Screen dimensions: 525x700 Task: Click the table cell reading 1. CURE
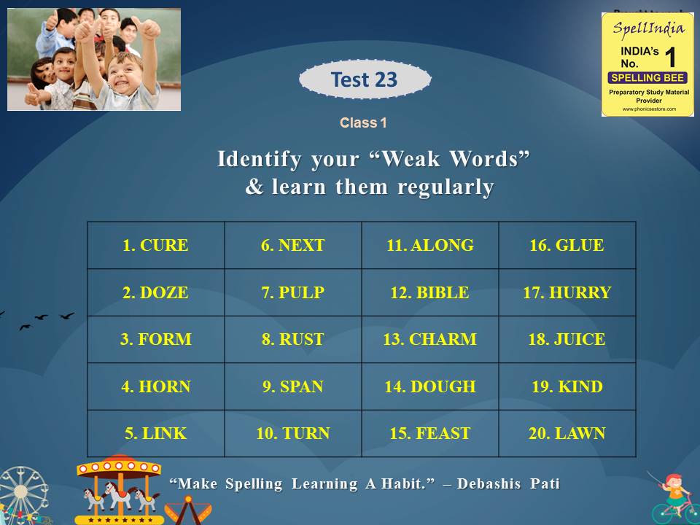155,246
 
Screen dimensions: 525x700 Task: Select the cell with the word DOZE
155,292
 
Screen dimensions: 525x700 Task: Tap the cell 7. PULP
292,292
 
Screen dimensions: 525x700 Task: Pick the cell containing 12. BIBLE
429,292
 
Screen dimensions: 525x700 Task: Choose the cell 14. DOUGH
429,386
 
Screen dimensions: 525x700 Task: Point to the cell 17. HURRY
567,292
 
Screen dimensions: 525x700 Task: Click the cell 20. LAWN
567,433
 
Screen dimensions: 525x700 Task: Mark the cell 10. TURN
292,433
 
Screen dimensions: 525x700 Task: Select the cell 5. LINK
155,433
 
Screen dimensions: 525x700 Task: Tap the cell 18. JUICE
567,339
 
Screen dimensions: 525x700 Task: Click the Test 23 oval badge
365,79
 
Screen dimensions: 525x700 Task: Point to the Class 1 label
363,123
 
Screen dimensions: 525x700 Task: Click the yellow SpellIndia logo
647,64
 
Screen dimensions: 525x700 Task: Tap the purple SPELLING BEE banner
647,78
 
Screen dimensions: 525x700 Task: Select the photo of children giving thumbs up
94,59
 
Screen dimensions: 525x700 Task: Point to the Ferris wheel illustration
22,496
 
